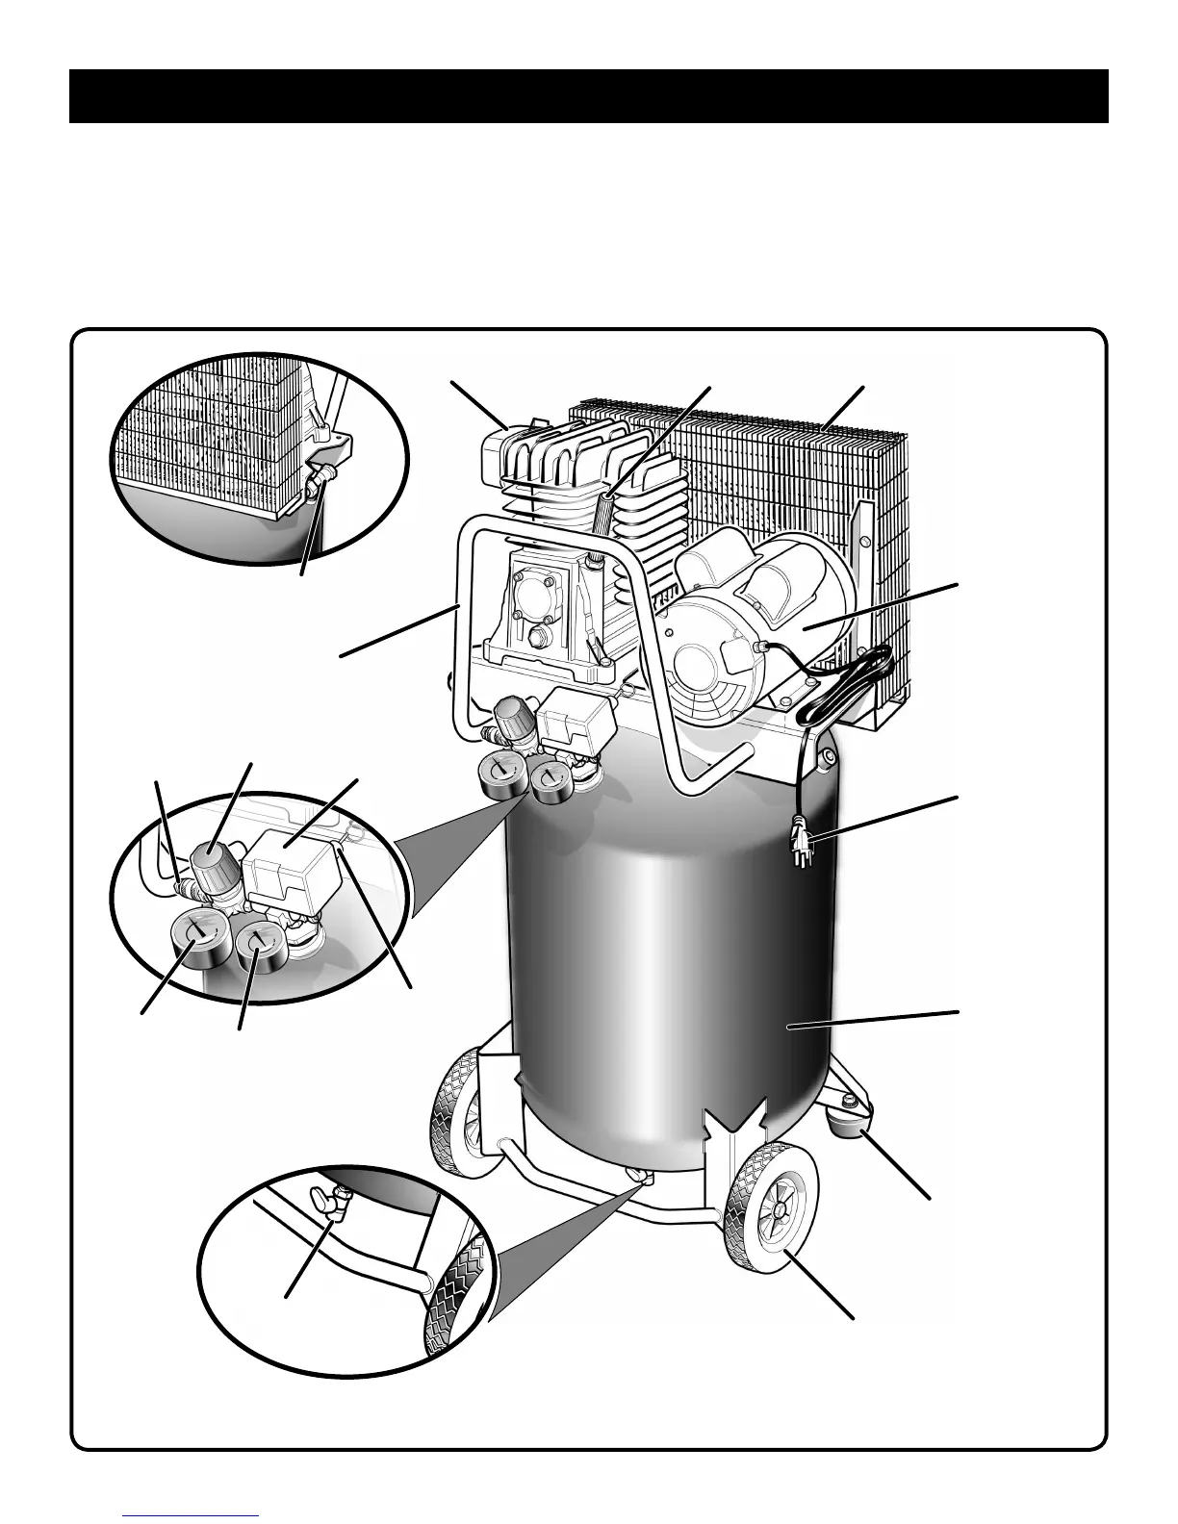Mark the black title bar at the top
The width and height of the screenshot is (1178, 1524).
tap(588, 96)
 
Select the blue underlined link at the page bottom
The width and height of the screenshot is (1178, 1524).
tap(192, 1514)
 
